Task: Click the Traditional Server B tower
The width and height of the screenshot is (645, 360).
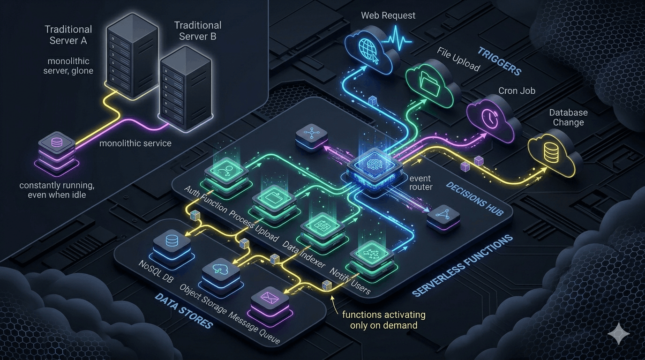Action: (x=185, y=89)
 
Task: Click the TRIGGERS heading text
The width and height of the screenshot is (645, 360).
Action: (x=500, y=61)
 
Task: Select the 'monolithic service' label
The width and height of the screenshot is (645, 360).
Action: (x=135, y=143)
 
